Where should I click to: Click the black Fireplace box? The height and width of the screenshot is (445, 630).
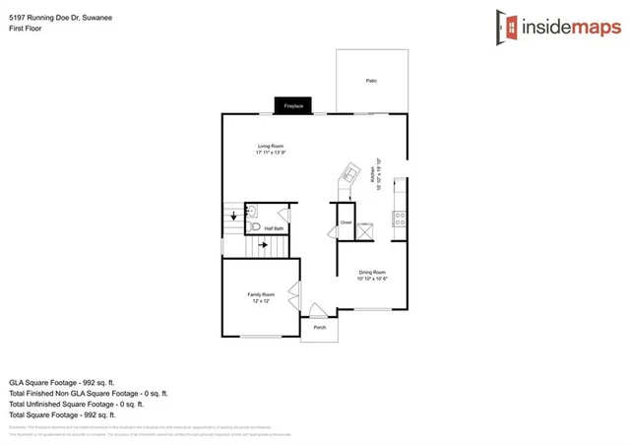tap(292, 104)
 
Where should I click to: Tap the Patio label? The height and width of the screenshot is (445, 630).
tap(371, 81)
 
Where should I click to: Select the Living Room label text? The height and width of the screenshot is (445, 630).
tap(271, 146)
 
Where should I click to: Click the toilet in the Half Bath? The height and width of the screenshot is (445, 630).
tap(254, 227)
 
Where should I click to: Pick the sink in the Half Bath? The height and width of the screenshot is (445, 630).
tap(252, 210)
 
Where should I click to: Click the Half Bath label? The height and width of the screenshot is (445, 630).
tap(274, 228)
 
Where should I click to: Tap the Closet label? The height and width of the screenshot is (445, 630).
tap(346, 222)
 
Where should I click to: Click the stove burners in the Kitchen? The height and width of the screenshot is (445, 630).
tap(400, 220)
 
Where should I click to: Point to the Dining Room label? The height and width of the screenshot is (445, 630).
tap(371, 272)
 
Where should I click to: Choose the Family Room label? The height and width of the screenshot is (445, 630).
tap(261, 294)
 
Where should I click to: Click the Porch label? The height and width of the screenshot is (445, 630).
tap(319, 327)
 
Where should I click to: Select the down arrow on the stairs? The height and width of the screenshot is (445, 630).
tap(232, 215)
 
